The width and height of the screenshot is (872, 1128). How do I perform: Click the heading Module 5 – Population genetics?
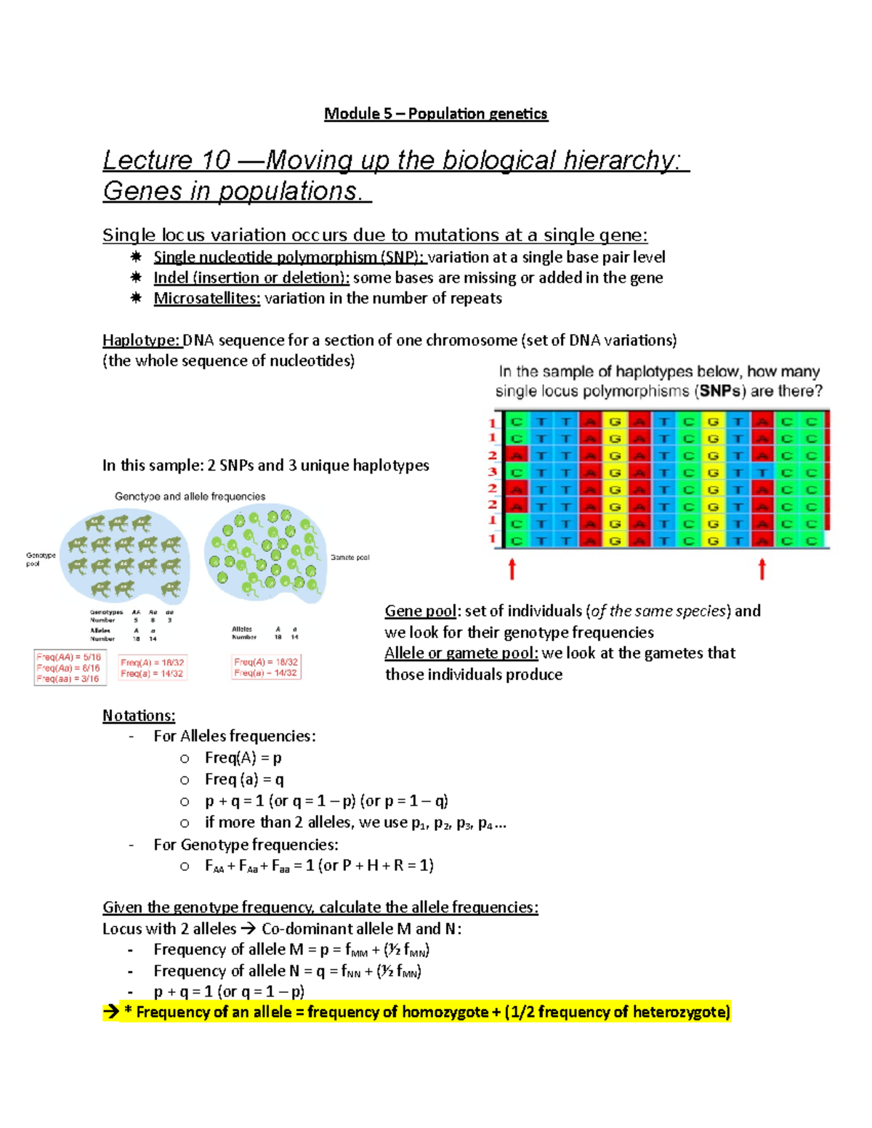435,113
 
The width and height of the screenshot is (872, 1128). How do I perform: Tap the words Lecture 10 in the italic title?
166,160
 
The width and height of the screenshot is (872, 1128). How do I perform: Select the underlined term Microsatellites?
206,299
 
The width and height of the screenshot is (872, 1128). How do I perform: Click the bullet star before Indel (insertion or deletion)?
136,277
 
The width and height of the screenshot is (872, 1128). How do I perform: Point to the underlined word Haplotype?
141,340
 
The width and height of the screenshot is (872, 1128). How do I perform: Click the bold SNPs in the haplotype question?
719,391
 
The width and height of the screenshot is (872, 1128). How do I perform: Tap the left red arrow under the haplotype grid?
512,569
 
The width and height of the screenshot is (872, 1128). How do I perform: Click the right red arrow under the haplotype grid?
762,569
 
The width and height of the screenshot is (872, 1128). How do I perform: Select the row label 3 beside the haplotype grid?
492,472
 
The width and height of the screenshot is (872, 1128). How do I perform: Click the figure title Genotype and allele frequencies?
190,497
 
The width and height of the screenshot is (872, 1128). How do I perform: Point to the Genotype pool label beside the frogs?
40,559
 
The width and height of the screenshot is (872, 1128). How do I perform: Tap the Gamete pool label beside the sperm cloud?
350,558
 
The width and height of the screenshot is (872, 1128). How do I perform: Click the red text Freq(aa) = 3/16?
68,678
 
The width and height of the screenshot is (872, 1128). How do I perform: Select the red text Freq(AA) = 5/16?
68,657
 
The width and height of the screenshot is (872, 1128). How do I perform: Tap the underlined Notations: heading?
139,715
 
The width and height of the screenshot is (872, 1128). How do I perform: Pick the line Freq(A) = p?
243,758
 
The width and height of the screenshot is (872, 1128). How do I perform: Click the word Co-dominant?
299,928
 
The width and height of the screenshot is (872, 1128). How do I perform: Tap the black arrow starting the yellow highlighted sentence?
110,1012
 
